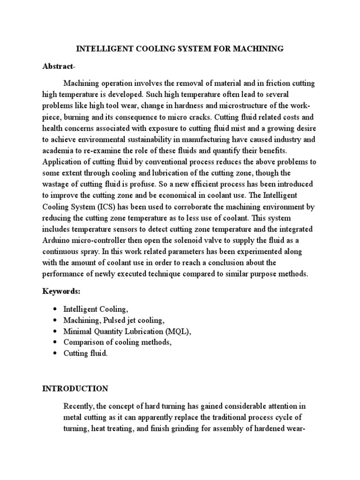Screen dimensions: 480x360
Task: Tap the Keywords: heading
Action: pos(61,291)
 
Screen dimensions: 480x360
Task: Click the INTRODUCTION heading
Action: pos(75,389)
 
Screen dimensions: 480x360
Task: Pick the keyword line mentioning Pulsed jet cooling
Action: pos(114,321)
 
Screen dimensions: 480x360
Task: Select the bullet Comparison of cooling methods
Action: pos(118,342)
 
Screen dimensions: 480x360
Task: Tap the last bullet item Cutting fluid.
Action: pos(86,353)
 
